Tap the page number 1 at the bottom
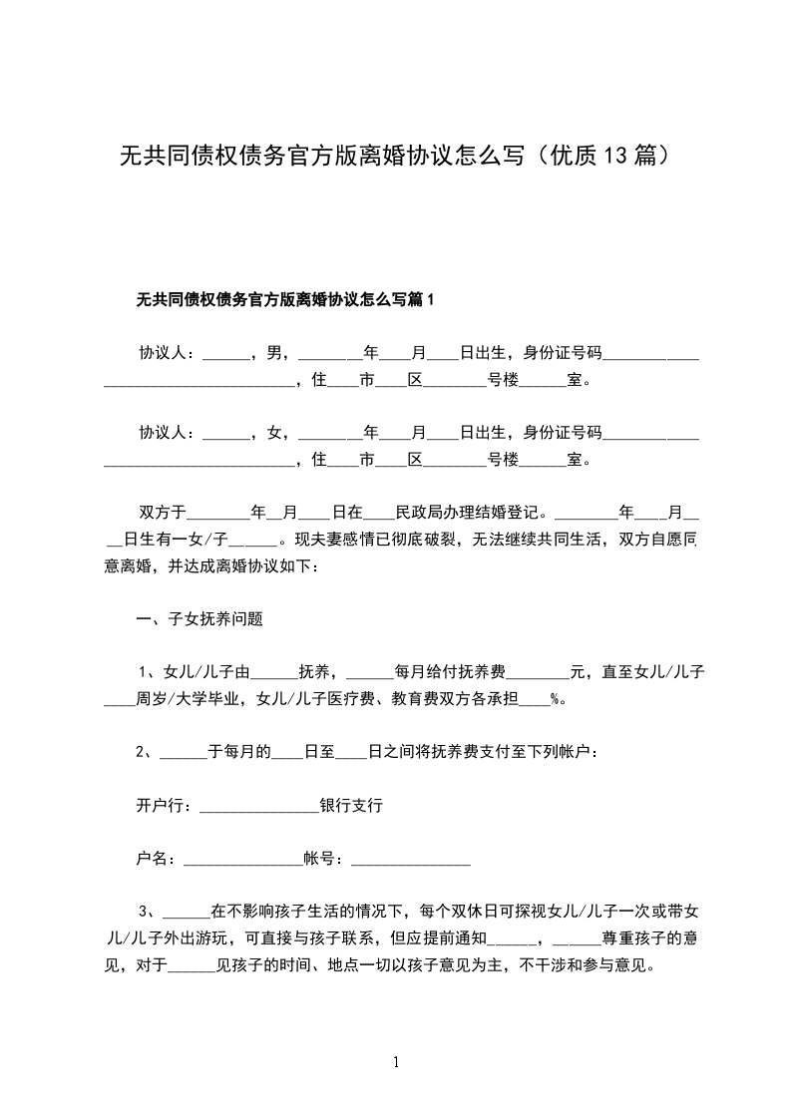tap(396, 1062)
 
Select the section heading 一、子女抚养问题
tap(199, 618)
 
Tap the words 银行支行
tap(351, 805)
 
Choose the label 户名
tap(154, 858)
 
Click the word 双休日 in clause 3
tap(485, 911)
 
